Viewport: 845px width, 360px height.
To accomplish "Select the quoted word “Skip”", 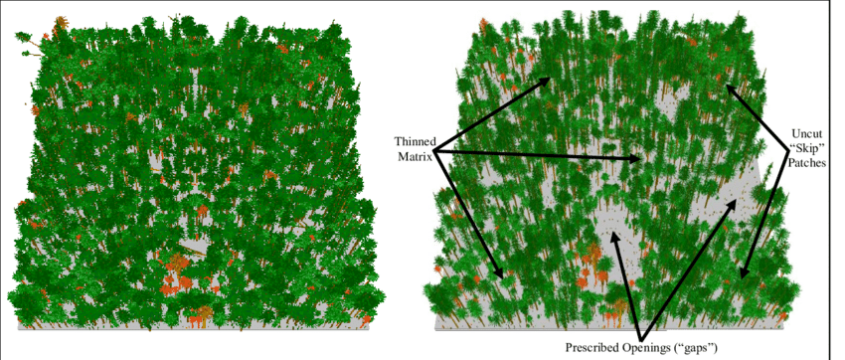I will pyautogui.click(x=805, y=147).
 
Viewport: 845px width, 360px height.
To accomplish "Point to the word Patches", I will pyautogui.click(x=805, y=161).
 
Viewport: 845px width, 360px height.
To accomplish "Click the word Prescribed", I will pyautogui.click(x=596, y=348).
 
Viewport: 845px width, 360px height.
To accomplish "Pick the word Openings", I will pyautogui.click(x=656, y=348).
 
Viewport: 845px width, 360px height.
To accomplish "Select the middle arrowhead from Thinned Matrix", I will pyautogui.click(x=640, y=159).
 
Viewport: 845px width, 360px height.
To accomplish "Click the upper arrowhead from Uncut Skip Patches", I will pyautogui.click(x=729, y=87).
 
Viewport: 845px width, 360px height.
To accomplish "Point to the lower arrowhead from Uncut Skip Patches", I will pyautogui.click(x=745, y=274).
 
